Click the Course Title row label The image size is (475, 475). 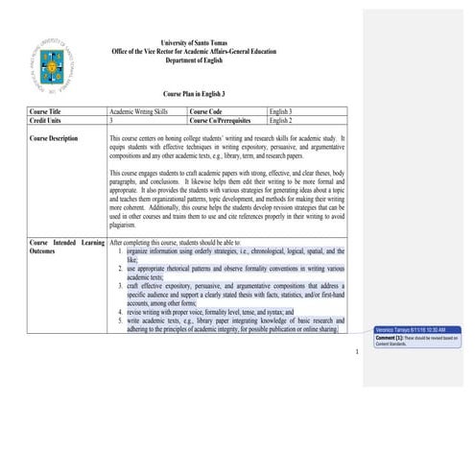pyautogui.click(x=53, y=113)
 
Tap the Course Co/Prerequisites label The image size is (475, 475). pyautogui.click(x=226, y=122)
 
